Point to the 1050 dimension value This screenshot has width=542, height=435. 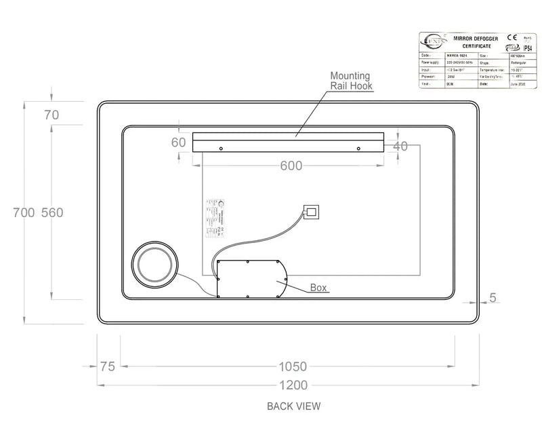[293, 366]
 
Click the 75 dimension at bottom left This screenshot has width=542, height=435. [107, 366]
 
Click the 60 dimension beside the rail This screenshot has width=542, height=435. [178, 143]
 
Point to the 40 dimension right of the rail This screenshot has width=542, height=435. [400, 145]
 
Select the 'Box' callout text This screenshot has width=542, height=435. [319, 287]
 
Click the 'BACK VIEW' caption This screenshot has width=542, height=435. [293, 406]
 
